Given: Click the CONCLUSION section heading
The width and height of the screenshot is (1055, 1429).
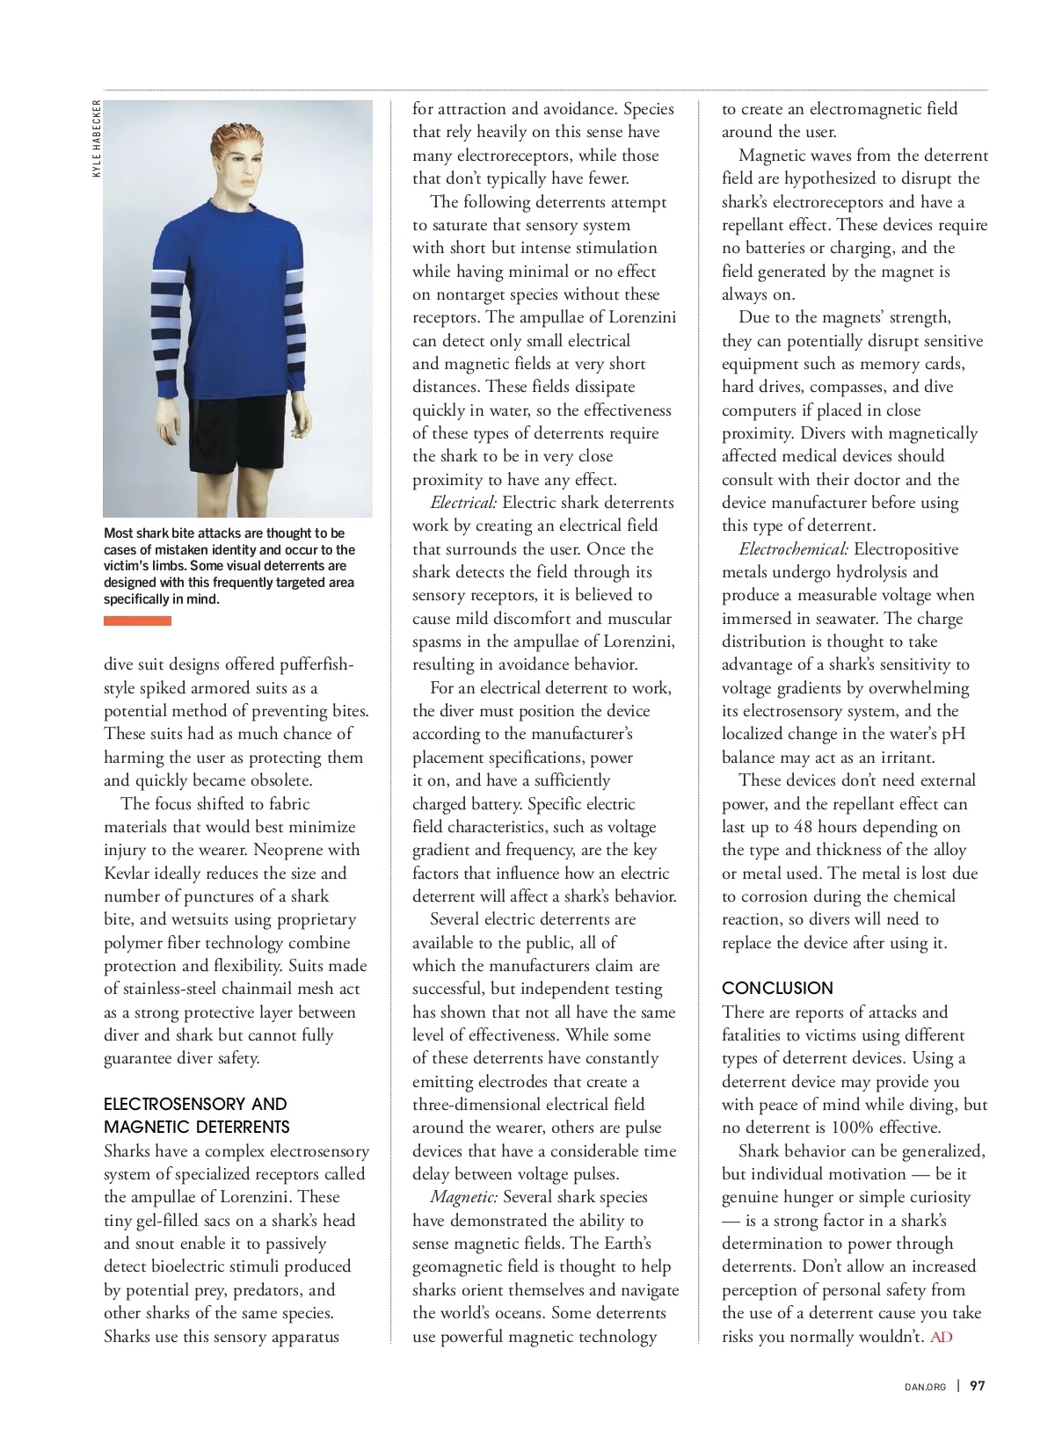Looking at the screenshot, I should (x=777, y=988).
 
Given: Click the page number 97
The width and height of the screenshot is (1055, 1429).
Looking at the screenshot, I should (x=978, y=1386).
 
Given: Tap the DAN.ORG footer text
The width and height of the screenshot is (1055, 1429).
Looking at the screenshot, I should (x=925, y=1387).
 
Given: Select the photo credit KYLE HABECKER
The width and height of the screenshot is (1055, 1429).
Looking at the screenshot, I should (x=97, y=138).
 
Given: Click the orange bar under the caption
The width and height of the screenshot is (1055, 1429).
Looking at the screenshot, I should (x=137, y=621).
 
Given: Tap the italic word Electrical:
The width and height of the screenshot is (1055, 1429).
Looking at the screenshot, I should (x=463, y=503).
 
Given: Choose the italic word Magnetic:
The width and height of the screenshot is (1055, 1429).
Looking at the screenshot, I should (x=464, y=1197).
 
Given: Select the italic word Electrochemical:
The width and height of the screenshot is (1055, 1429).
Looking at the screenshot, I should (x=793, y=549).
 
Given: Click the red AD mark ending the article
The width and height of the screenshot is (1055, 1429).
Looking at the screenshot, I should (x=942, y=1337).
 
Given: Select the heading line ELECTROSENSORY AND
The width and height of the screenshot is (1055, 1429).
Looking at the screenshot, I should (x=195, y=1104).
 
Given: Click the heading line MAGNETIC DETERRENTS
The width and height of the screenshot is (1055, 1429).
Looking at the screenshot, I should (x=196, y=1127).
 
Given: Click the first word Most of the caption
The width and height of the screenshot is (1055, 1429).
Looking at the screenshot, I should (x=119, y=533).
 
